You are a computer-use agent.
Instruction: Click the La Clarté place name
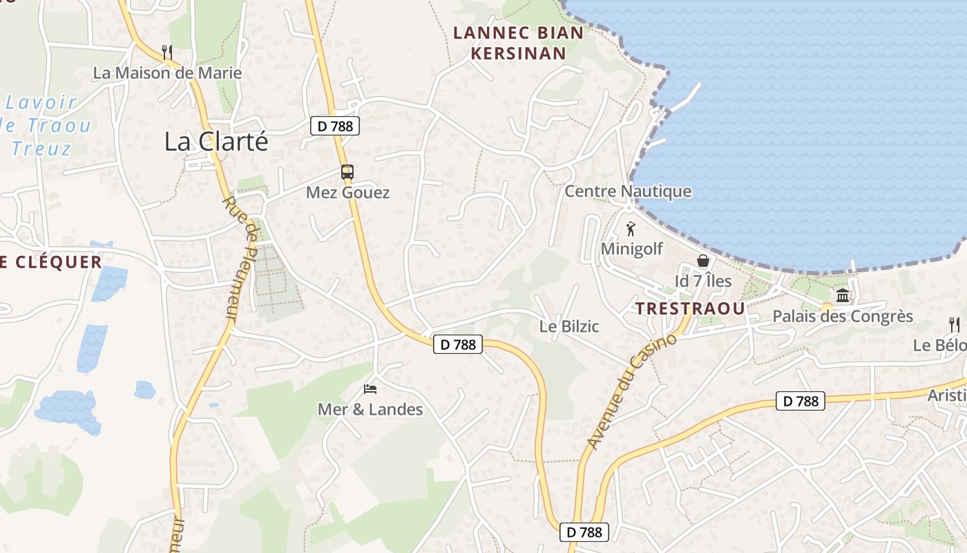(x=216, y=142)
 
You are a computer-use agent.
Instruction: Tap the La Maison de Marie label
(x=167, y=73)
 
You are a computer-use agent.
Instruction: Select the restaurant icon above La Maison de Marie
(x=166, y=51)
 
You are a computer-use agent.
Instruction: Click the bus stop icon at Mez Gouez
(x=347, y=172)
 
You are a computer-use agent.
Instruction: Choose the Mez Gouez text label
(x=347, y=193)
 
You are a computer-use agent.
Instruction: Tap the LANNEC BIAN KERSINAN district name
(x=518, y=43)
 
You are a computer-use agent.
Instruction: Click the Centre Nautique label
(x=628, y=191)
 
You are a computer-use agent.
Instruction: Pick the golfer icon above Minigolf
(x=630, y=229)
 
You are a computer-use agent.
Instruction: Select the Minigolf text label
(x=632, y=248)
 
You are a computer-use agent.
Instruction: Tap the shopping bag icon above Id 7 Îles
(x=703, y=261)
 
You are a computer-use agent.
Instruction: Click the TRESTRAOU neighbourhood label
(x=690, y=309)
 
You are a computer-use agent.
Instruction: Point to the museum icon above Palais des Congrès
(x=843, y=297)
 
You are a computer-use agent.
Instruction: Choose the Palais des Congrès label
(x=843, y=317)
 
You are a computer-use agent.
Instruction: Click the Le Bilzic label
(x=569, y=326)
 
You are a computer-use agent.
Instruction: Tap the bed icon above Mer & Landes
(x=370, y=389)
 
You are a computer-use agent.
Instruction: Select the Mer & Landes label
(x=370, y=409)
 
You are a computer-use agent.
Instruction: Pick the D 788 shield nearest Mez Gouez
(x=335, y=126)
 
